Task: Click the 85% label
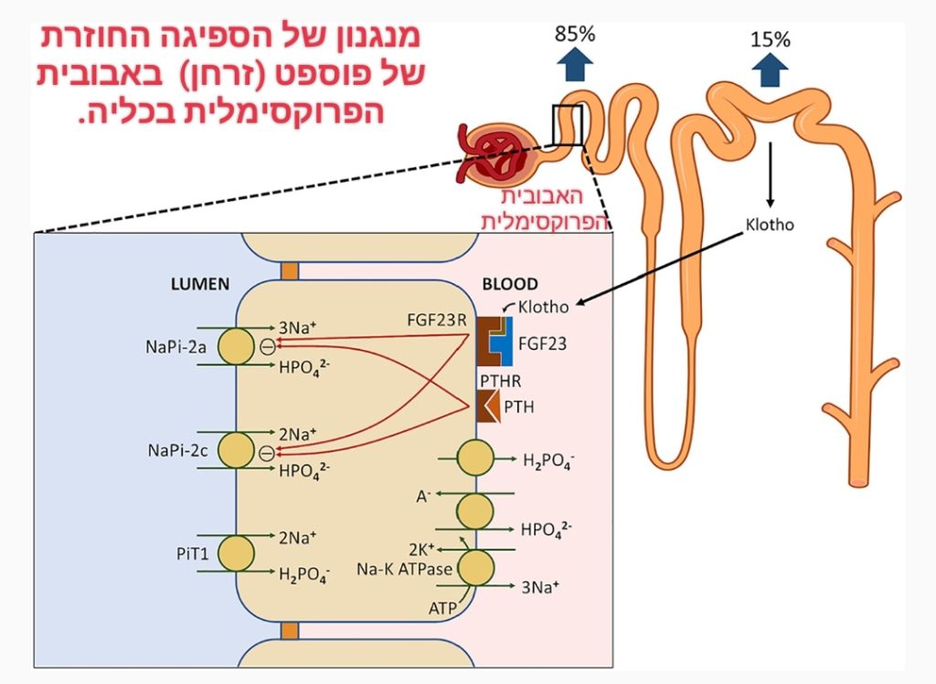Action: [x=575, y=35]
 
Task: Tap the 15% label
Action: [x=770, y=40]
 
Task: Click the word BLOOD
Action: [x=511, y=284]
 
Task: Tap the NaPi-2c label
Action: [x=175, y=450]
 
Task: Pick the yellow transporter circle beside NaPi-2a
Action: [x=236, y=347]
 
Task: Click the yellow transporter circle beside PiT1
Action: [x=236, y=553]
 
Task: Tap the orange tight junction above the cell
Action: [x=290, y=271]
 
